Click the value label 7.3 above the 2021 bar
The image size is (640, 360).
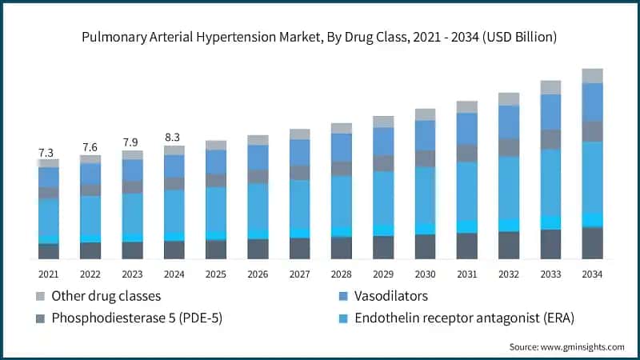click(x=48, y=152)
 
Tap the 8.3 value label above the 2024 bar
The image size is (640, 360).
click(x=174, y=138)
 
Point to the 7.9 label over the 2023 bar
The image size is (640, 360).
click(x=132, y=143)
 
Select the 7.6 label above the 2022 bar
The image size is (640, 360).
click(x=90, y=147)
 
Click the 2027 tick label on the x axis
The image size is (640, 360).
click(x=299, y=274)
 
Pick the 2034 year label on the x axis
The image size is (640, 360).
click(x=592, y=274)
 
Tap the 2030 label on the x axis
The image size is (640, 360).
click(x=425, y=274)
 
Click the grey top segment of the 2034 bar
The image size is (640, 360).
click(x=592, y=76)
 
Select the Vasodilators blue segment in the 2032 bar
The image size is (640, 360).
click(x=509, y=122)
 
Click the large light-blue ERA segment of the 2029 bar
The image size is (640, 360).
click(x=383, y=198)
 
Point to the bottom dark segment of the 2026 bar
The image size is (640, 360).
click(x=258, y=249)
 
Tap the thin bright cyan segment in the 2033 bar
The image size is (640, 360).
click(x=550, y=222)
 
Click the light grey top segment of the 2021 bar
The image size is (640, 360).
click(x=48, y=162)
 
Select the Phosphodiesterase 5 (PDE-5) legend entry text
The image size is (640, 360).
click(x=137, y=318)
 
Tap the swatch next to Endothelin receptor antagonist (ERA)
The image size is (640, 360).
click(x=343, y=318)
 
